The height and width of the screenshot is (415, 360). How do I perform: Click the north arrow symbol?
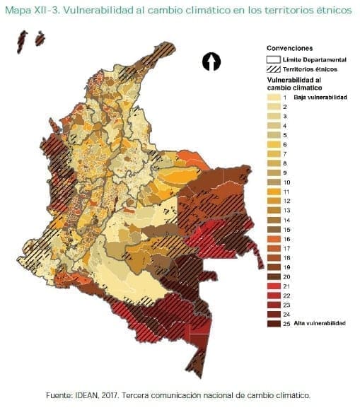point(211,62)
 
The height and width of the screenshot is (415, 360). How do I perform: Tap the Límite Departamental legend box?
point(272,60)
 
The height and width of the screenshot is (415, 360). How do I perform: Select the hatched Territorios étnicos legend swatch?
point(272,69)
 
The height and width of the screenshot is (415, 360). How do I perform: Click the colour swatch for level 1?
point(273,97)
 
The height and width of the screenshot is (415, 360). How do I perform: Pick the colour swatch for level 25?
point(273,323)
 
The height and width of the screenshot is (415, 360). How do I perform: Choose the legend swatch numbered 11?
point(273,191)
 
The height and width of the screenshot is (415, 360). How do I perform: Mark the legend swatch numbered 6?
point(273,144)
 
